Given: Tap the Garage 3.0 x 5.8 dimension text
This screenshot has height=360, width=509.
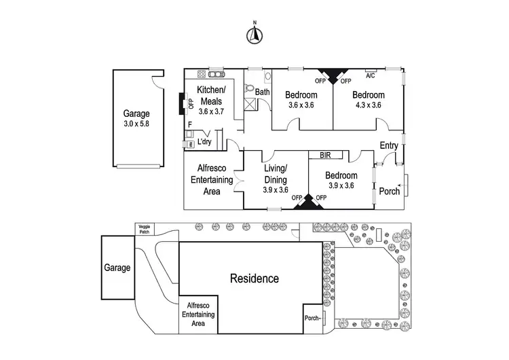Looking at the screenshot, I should click(x=136, y=126).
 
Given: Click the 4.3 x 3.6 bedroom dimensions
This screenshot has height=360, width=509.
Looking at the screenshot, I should click(x=369, y=105).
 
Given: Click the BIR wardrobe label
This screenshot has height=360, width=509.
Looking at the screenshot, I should click(x=324, y=155).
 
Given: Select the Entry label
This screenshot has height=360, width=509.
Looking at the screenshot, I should click(x=389, y=145).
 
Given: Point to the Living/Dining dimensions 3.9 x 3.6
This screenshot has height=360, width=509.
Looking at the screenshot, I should click(x=276, y=190).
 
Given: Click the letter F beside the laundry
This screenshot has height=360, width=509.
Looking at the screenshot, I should click(x=189, y=125).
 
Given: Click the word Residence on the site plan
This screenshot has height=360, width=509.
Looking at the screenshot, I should click(x=254, y=278).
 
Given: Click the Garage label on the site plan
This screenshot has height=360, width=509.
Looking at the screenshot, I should click(x=117, y=268).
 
